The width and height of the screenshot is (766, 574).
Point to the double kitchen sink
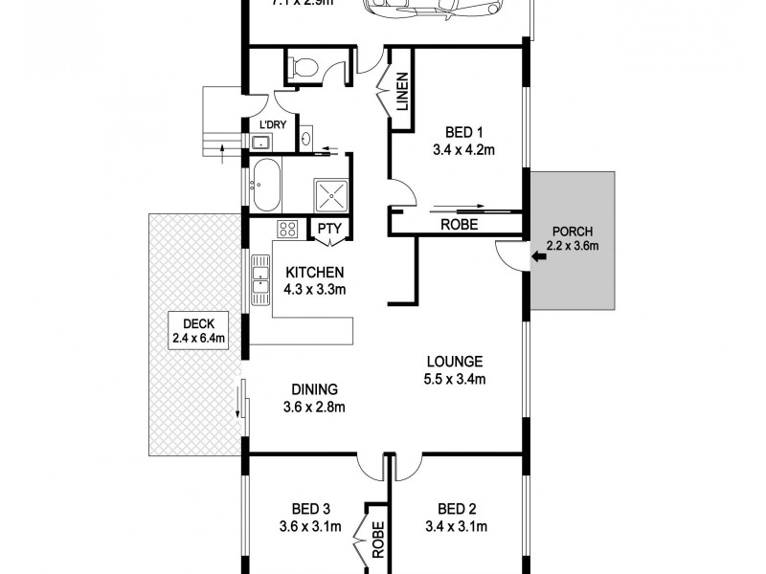point(259,279)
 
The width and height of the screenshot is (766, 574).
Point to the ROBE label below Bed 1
point(459,225)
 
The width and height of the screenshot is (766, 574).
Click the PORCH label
point(573,231)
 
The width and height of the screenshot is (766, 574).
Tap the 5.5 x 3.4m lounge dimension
point(455,379)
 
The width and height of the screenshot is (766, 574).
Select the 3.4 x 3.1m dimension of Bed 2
point(456,526)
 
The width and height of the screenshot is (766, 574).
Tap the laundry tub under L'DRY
point(259,142)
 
